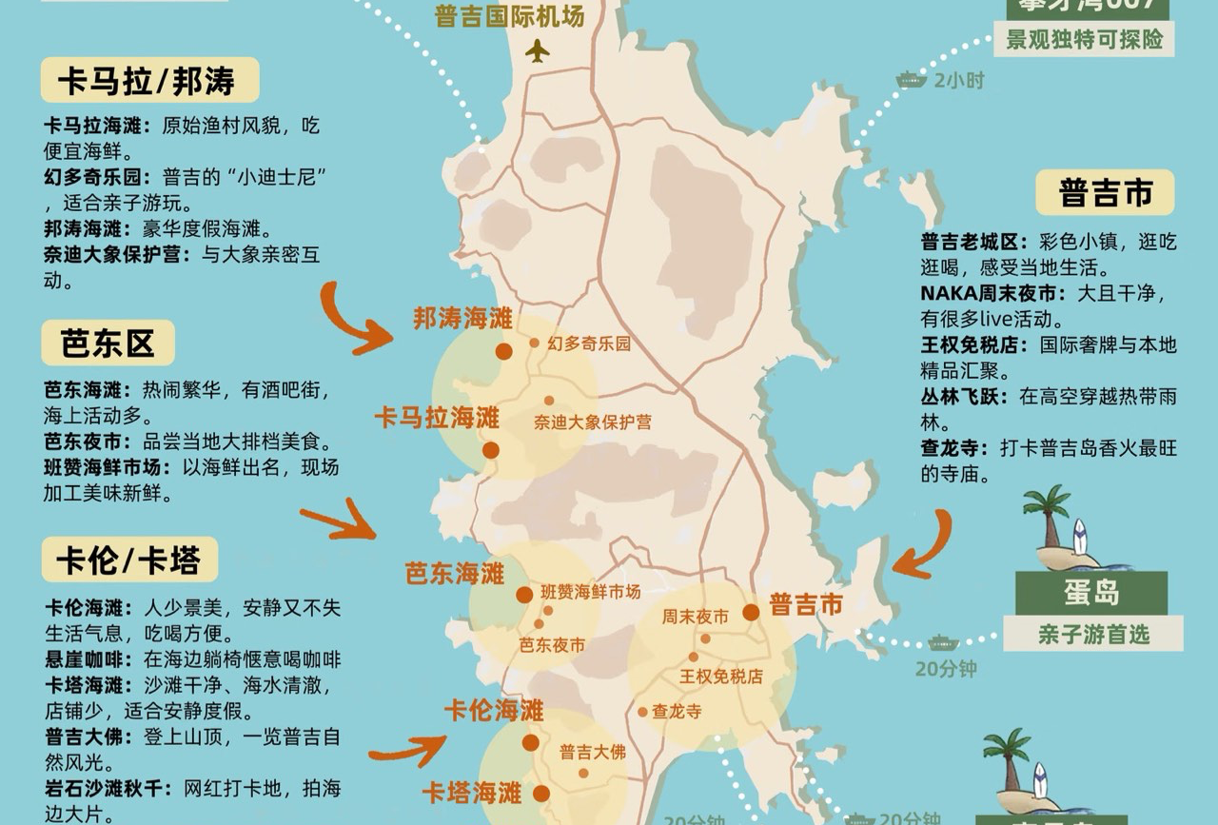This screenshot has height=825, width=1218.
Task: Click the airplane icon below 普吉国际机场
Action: [x=538, y=50]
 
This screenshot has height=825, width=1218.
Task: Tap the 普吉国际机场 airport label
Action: [x=509, y=16]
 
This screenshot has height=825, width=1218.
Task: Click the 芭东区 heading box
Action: [x=108, y=344]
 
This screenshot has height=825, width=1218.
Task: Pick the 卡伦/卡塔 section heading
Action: [x=129, y=560]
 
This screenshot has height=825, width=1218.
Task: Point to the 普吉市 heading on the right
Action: [x=1105, y=193]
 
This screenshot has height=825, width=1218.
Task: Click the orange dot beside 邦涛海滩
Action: [x=504, y=352]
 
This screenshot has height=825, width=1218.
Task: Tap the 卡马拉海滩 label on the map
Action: [x=437, y=418]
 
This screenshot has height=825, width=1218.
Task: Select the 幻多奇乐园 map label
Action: [x=589, y=344]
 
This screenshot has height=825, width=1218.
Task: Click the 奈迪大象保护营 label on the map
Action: [x=592, y=422]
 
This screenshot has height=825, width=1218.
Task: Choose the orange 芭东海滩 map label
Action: [x=455, y=574]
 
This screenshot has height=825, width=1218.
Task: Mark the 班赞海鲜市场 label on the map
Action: [x=590, y=592]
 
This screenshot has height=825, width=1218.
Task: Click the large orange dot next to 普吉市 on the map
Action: [x=751, y=612]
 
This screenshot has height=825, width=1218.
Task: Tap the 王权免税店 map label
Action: [x=720, y=677]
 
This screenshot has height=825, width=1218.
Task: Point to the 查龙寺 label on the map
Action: [x=676, y=711]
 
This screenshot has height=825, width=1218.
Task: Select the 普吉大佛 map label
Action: [x=592, y=752]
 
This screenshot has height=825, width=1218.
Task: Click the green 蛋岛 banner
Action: [x=1091, y=594]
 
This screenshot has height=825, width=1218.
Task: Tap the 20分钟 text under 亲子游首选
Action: [x=946, y=669]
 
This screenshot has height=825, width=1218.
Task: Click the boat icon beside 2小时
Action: [x=911, y=80]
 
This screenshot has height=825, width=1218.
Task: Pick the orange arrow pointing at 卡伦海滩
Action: [x=407, y=752]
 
